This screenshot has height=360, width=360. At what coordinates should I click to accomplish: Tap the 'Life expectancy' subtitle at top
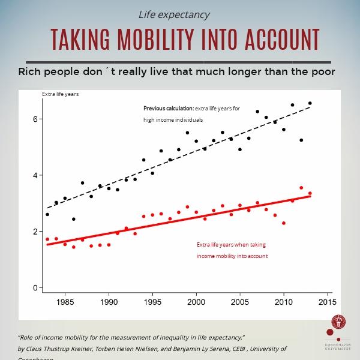pos(174,14)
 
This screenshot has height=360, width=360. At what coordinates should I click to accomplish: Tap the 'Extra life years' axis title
pos(60,94)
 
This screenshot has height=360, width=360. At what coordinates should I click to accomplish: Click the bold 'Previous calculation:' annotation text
pos(168,109)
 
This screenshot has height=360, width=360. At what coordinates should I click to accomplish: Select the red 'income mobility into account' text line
pos(232,256)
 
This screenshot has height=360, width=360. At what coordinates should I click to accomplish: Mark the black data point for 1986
pos(74,219)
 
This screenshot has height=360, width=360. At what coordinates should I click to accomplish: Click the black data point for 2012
pos(301,140)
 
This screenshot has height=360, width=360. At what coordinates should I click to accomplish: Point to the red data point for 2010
pos(284,223)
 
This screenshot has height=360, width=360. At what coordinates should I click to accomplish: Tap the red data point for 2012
pos(301,188)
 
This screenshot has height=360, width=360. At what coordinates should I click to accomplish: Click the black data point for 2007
pos(257,112)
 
